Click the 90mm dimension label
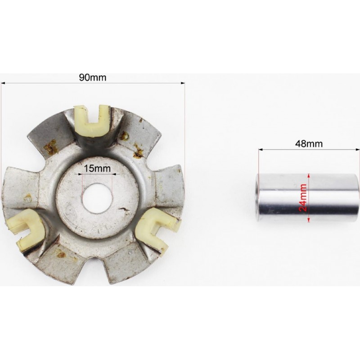[93, 77]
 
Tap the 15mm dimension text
[97, 168]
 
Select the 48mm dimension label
[309, 144]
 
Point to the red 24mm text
[303, 198]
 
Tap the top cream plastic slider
[93, 120]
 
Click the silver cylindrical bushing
[307, 198]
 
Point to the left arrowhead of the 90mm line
[3, 83]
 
